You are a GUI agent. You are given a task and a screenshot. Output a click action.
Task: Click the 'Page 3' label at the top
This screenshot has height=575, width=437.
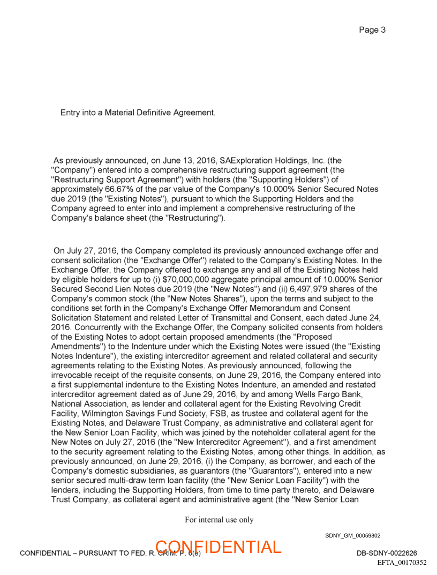[372, 30]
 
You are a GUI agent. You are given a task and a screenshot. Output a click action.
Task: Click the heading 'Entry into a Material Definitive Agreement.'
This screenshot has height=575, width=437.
[138, 113]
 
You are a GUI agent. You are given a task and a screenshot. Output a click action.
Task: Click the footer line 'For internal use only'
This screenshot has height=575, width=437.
[219, 519]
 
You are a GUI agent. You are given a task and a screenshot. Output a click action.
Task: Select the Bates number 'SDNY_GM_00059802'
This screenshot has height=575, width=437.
[352, 535]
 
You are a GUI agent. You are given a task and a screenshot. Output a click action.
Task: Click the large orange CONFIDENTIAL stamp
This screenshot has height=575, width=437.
[218, 547]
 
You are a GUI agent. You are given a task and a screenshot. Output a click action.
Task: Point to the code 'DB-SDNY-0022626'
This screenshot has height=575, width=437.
[387, 553]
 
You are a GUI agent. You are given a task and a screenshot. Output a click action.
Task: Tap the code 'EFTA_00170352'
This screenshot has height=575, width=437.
[402, 562]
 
